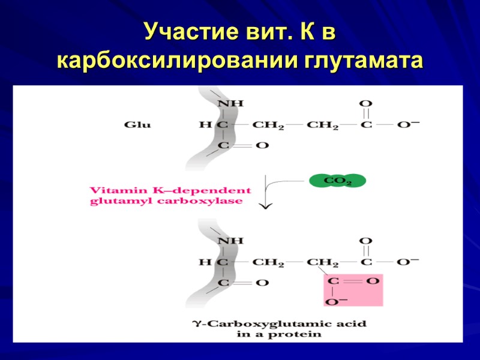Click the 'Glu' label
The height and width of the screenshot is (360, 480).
137,125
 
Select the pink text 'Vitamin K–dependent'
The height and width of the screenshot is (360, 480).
170,190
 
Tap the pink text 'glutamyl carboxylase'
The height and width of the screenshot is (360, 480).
166,202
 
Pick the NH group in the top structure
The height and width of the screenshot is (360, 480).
230,103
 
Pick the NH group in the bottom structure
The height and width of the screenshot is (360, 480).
230,240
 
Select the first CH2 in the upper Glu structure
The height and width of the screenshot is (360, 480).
267,125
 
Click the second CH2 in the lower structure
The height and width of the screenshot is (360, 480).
323,262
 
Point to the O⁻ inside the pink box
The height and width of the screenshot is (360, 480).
333,301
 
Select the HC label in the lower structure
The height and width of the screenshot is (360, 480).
214,262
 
